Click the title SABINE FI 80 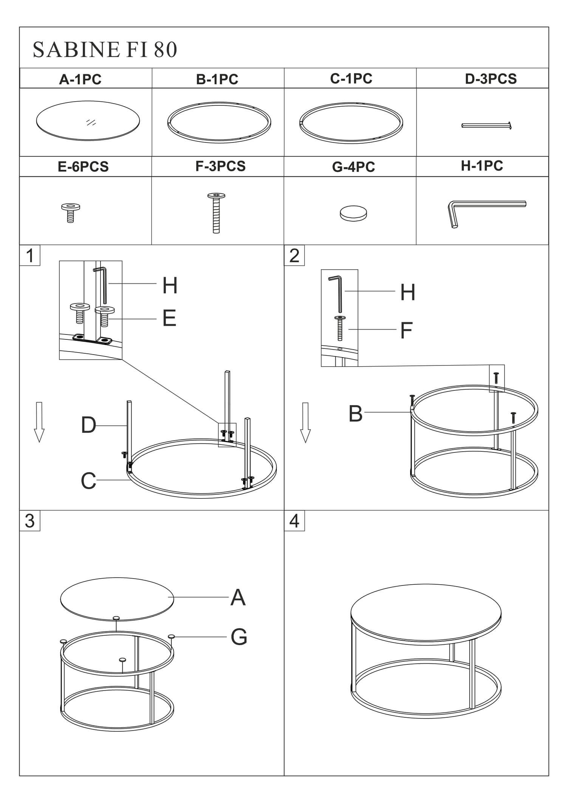pos(105,50)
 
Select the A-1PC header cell pos(86,78)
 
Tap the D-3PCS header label pos(491,79)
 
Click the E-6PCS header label pos(83,167)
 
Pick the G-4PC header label pos(353,167)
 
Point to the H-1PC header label pos(482,166)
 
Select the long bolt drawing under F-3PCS pos(216,213)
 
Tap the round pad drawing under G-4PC pos(353,214)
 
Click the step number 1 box pos(30,255)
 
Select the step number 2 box pos(294,255)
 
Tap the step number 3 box pos(30,520)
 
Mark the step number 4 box pos(294,520)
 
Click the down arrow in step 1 pos(39,422)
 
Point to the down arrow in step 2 pos(305,423)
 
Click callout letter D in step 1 pos(88,425)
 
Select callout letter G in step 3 pos(239,637)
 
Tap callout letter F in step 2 pos(406,330)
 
